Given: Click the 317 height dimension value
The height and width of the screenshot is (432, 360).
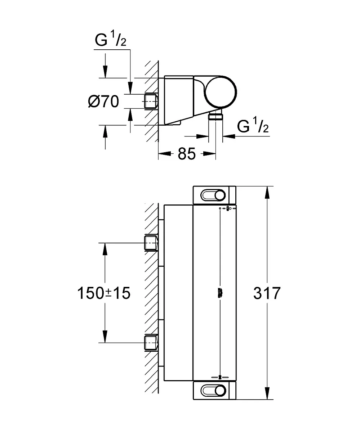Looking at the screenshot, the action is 267,293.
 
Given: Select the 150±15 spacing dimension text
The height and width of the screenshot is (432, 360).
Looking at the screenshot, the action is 103,293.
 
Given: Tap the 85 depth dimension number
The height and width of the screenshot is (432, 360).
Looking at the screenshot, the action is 186,154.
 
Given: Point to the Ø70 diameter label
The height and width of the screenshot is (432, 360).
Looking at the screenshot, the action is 103,102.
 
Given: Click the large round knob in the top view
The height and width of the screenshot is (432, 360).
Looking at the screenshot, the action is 221,92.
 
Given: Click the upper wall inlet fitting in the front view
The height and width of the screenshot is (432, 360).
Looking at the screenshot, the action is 151,243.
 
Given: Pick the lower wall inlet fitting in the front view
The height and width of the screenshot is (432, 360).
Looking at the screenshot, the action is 151,343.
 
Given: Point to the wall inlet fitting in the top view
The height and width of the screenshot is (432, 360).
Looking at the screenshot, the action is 151,102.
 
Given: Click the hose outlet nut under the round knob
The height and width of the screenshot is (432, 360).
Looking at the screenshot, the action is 215,116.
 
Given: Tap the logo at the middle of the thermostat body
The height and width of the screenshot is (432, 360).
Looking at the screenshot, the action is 220,293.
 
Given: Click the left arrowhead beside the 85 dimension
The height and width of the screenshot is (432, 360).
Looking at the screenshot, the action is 166,154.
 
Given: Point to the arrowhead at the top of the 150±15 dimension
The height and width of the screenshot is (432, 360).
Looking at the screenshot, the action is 105,250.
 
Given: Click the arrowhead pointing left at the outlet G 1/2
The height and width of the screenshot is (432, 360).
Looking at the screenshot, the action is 229,136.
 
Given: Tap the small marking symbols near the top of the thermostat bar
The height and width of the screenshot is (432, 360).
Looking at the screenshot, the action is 227,208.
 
